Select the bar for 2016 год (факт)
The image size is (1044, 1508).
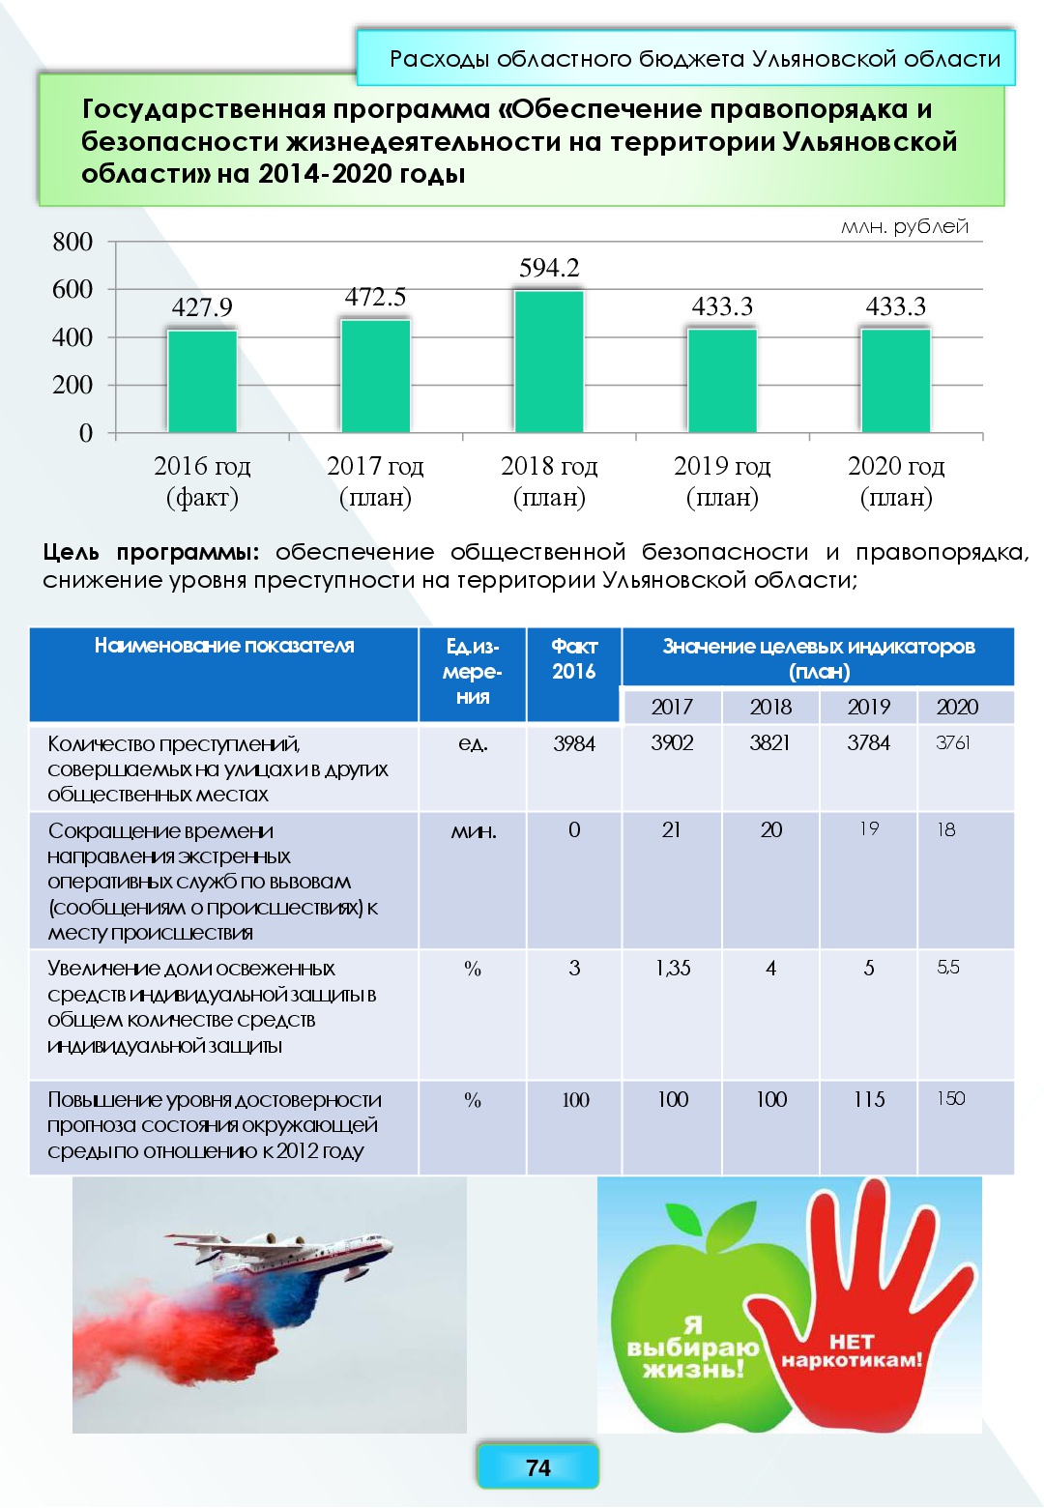[x=202, y=381]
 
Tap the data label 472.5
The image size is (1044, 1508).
[x=375, y=297]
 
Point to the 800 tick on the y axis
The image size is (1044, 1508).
[x=72, y=242]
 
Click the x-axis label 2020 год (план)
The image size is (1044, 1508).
[x=896, y=480]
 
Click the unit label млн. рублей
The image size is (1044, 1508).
[x=904, y=227]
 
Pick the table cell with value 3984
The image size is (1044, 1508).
[x=574, y=743]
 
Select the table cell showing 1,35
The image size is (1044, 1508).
[x=673, y=968]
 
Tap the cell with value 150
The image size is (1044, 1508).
[x=951, y=1098]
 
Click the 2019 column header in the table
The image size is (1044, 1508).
[x=868, y=707]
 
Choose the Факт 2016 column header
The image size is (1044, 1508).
[x=574, y=658]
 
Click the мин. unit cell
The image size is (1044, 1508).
[x=473, y=830]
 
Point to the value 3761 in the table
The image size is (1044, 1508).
[x=953, y=742]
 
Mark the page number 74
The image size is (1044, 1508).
[x=538, y=1467]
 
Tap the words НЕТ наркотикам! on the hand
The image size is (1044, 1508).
[x=852, y=1350]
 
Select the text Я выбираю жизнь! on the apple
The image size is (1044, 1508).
[x=693, y=1348]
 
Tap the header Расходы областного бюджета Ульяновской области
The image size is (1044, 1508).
[x=695, y=59]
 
